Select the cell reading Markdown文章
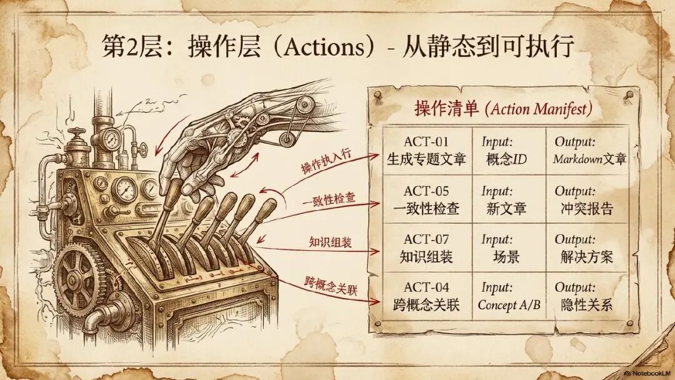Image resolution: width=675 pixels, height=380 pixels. (x=589, y=159)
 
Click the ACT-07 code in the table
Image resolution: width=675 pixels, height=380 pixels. (x=426, y=239)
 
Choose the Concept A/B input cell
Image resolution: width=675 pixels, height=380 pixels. (x=509, y=305)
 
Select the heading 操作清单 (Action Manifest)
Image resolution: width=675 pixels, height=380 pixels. (x=502, y=108)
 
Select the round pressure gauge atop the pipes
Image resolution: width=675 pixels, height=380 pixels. (x=114, y=137)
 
